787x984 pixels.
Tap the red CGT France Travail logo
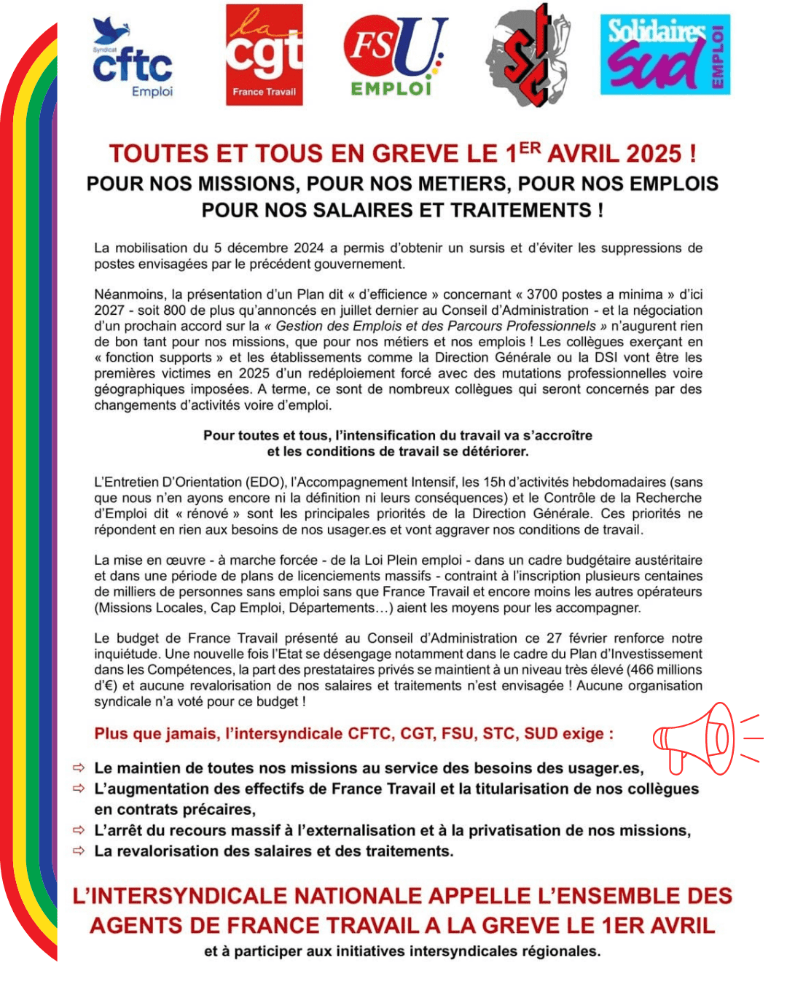264,55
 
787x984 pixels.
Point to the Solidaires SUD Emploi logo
665,55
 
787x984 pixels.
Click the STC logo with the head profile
528,55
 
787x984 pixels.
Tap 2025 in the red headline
654,154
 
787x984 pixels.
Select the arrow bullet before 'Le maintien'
79,768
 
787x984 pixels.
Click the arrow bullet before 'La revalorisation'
79,851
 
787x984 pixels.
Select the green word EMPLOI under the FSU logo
391,89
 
